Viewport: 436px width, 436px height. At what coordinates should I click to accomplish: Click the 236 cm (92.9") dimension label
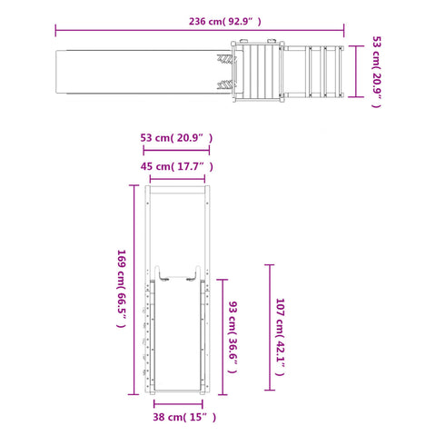tap(224, 22)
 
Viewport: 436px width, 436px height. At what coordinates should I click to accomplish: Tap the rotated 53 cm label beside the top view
tap(376, 72)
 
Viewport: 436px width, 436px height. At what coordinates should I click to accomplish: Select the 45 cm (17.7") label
tap(177, 166)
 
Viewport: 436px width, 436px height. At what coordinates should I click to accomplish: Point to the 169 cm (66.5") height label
tap(122, 289)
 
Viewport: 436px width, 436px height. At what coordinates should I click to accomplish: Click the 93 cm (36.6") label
tap(233, 337)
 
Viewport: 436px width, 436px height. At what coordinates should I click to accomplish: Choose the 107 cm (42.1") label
tap(280, 337)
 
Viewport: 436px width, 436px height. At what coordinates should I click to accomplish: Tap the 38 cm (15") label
tap(184, 417)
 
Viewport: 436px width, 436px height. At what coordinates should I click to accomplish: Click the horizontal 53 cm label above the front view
tap(176, 138)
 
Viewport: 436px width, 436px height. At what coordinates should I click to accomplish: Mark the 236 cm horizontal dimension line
tap(200, 30)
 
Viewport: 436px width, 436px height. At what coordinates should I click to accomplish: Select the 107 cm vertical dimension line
tap(270, 327)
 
